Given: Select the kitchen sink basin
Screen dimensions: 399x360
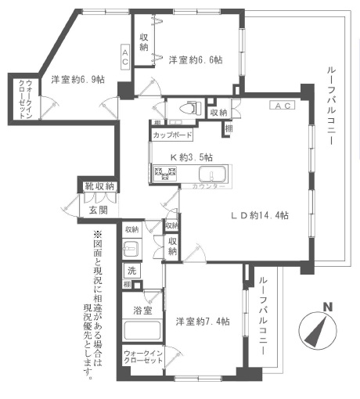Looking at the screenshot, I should pyautogui.click(x=210, y=174).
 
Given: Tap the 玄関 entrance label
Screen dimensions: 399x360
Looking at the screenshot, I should pyautogui.click(x=98, y=210).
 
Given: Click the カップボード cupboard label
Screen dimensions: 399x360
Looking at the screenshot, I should pyautogui.click(x=173, y=135).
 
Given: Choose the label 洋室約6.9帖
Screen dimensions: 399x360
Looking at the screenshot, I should pyautogui.click(x=78, y=79).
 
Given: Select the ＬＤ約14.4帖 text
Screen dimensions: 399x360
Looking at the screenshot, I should pyautogui.click(x=257, y=215).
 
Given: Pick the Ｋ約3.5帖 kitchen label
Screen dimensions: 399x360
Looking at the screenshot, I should pyautogui.click(x=189, y=156).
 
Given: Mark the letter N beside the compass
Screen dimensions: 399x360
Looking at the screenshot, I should pyautogui.click(x=329, y=307).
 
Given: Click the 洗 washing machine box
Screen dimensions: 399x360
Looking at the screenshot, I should pyautogui.click(x=131, y=271).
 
